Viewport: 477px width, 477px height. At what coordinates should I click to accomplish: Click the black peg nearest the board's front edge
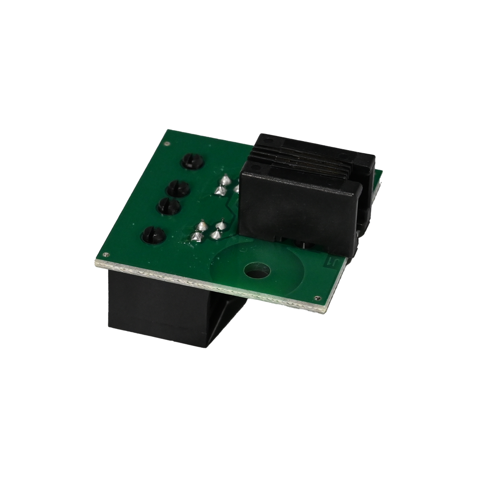(153, 235)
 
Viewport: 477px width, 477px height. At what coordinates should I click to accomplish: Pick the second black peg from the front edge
(167, 207)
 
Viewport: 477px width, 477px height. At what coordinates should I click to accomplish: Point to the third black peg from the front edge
(177, 188)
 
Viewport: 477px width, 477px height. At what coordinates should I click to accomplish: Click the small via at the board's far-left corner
(166, 143)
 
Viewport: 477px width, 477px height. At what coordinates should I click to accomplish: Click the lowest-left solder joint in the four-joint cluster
(197, 236)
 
